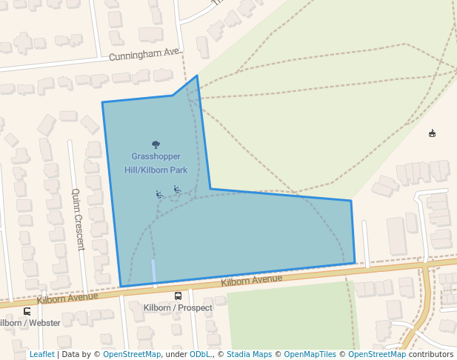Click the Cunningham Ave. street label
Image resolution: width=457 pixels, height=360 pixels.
(x=145, y=55)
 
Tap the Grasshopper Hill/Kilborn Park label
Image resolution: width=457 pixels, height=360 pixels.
(x=156, y=163)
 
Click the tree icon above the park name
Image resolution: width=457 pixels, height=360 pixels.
(x=156, y=144)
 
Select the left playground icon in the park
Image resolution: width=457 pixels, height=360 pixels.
(x=159, y=195)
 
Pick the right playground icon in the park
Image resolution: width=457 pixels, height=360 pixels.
(x=177, y=190)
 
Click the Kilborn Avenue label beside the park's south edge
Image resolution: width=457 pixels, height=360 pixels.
(x=252, y=280)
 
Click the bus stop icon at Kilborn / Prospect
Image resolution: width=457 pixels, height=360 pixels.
(x=178, y=296)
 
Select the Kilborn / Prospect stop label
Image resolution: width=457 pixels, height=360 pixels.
(x=178, y=308)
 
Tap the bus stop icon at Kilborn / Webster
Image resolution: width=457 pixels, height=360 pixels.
(x=27, y=311)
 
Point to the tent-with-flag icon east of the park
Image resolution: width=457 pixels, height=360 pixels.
(x=432, y=133)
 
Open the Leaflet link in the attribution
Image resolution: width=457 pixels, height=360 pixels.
(x=41, y=355)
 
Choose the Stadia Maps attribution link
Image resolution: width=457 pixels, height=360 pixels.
(x=250, y=355)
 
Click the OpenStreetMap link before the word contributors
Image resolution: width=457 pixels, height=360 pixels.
(x=377, y=355)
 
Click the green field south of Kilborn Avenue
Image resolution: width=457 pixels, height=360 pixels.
(x=289, y=319)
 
